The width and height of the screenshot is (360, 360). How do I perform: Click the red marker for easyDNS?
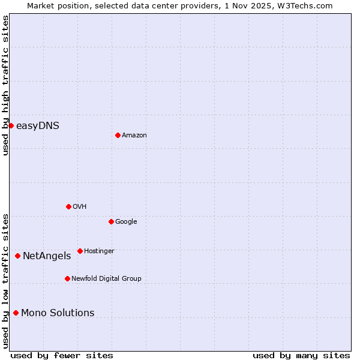[x=11, y=125]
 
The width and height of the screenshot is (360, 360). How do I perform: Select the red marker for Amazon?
[x=118, y=135]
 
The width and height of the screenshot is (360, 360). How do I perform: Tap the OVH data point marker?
[x=68, y=206]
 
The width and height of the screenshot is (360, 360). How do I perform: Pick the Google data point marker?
[x=111, y=221]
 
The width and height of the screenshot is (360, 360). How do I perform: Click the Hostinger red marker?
[x=80, y=251]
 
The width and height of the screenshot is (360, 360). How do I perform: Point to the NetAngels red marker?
[x=17, y=256]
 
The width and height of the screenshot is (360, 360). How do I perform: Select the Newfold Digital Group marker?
[x=67, y=278]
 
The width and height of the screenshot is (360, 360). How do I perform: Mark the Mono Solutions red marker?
[x=16, y=313]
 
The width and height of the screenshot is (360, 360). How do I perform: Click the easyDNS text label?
[x=37, y=125]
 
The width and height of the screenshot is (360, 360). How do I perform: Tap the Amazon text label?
[x=134, y=136]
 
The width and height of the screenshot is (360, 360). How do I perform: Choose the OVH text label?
[x=80, y=207]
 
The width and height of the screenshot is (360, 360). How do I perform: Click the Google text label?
[x=126, y=222]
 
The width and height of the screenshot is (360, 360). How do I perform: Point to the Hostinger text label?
[x=99, y=251]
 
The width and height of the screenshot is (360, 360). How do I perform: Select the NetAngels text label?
[x=47, y=256]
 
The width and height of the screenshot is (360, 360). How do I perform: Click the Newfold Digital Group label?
[x=106, y=279]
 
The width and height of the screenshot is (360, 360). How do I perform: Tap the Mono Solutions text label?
[x=58, y=313]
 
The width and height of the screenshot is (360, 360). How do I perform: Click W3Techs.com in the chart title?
[x=309, y=5]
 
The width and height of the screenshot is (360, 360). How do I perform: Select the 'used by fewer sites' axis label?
[x=62, y=355]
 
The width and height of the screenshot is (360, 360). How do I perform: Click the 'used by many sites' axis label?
[x=301, y=355]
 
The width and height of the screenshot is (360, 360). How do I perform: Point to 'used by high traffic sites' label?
[x=5, y=85]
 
